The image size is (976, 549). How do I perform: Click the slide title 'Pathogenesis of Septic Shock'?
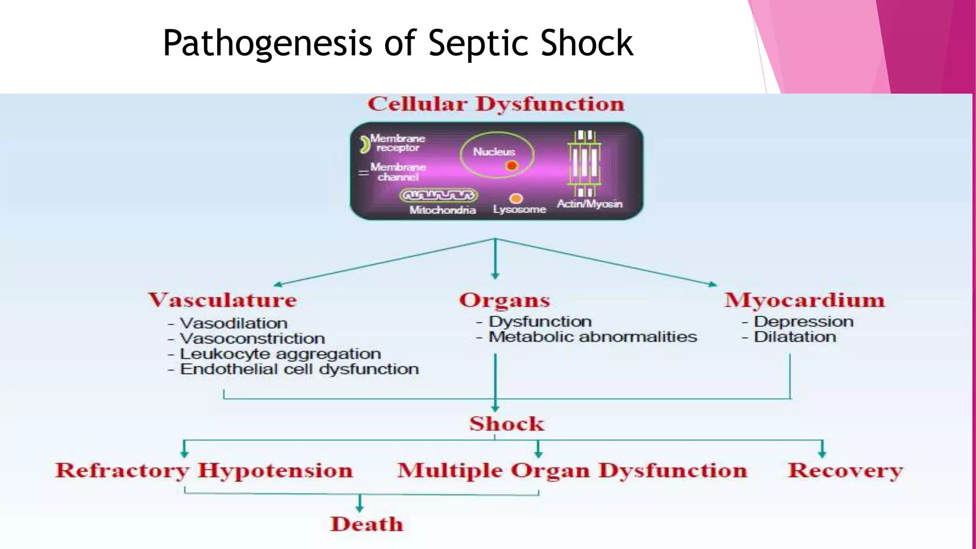[x=398, y=43]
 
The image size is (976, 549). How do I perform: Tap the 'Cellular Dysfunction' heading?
[x=496, y=104]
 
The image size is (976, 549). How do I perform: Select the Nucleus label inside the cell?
[x=494, y=152]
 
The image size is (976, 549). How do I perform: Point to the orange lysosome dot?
[x=516, y=198]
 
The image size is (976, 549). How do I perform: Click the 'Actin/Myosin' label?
[x=590, y=204]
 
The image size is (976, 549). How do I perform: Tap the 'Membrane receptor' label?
[x=397, y=143]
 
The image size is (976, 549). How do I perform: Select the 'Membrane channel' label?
[x=398, y=172]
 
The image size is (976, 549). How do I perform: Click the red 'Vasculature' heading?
[x=223, y=300]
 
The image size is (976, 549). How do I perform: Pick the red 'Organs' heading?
[x=504, y=300]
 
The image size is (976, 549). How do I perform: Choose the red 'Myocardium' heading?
[x=804, y=300]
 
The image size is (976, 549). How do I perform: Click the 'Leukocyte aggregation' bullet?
[x=280, y=354]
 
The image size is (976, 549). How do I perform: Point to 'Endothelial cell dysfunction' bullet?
[x=299, y=369]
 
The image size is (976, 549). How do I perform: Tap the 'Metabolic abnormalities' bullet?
[x=592, y=337]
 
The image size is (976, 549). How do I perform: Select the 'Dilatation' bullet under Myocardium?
[x=794, y=337]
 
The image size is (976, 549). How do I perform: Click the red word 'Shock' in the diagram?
[x=507, y=424]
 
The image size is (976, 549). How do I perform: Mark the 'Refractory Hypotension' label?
[x=204, y=470]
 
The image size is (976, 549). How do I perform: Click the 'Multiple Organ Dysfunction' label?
[x=572, y=470]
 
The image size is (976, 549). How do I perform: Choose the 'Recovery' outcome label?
[x=845, y=470]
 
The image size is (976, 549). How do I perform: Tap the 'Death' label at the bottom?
[x=367, y=524]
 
